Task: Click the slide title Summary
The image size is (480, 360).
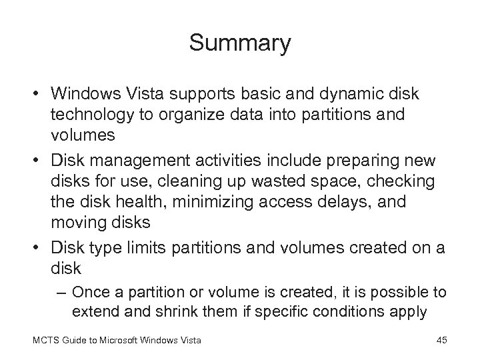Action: pyautogui.click(x=240, y=43)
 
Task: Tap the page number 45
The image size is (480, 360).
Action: pyautogui.click(x=441, y=342)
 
